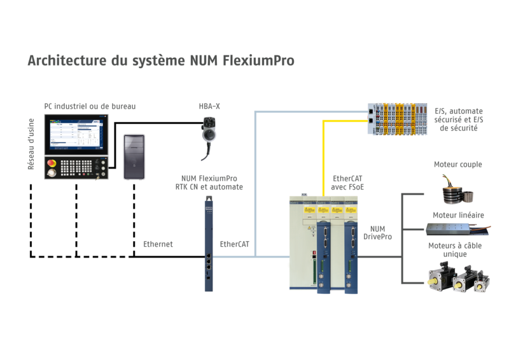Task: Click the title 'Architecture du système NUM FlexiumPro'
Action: [x=159, y=62]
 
